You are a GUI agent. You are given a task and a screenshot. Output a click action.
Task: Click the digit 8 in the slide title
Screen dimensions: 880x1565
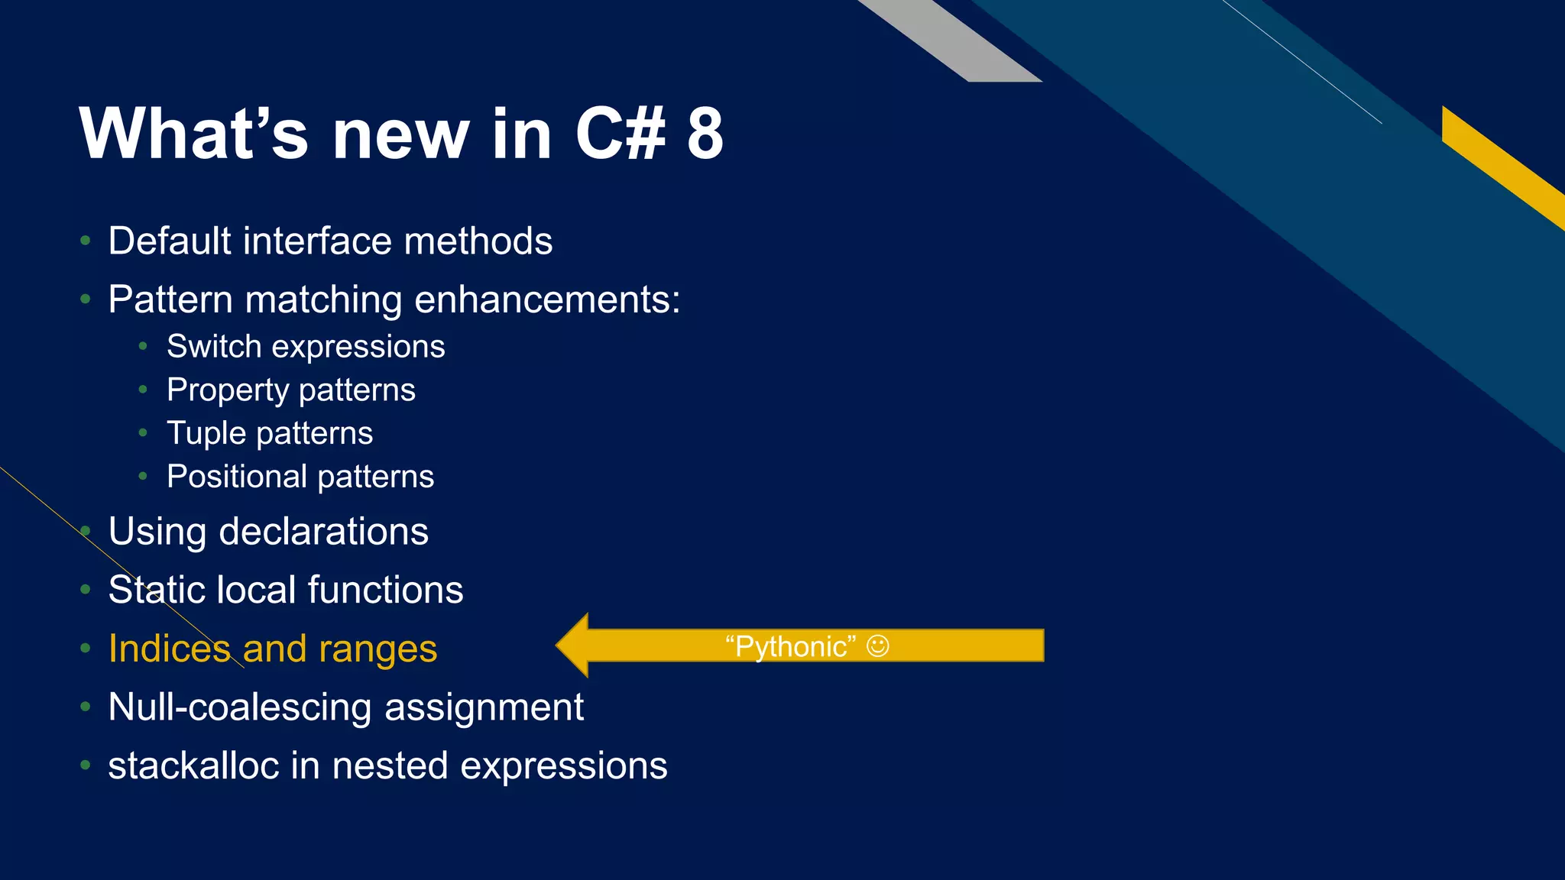(704, 134)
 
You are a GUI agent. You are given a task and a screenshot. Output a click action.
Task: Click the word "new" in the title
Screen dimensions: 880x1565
(400, 134)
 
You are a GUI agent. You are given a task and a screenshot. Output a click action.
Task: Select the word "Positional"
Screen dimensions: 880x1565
(236, 477)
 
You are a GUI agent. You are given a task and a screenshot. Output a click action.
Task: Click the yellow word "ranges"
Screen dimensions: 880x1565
(377, 649)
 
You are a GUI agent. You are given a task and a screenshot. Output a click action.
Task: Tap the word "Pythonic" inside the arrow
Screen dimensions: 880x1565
(791, 647)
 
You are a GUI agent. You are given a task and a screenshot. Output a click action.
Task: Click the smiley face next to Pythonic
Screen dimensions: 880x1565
(877, 646)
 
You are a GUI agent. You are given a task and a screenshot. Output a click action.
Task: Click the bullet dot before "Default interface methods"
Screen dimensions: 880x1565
(86, 241)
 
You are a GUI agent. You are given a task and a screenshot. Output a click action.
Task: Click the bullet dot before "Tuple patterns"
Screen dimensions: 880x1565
(143, 433)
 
